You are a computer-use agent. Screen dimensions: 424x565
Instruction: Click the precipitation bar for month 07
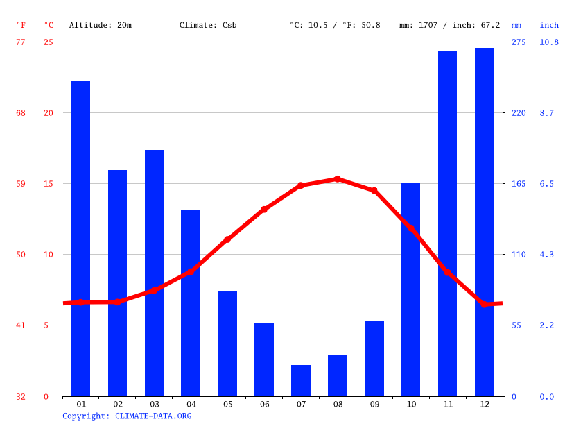[301, 380]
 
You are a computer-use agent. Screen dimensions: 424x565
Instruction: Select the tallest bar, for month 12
[484, 222]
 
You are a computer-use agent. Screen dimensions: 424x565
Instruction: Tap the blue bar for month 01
[81, 239]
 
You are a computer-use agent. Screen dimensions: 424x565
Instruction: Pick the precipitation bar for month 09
[374, 359]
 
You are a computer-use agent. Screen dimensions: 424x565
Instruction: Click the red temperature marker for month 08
[338, 179]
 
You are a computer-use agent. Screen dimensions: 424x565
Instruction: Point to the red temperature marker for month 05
[227, 239]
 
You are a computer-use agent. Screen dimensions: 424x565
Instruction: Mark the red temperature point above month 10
[410, 228]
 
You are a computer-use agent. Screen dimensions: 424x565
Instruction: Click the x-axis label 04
[191, 404]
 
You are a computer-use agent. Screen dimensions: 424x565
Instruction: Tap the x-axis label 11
[447, 404]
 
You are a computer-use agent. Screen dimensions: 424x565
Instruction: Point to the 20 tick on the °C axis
[49, 113]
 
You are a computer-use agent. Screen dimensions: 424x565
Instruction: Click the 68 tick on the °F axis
[21, 113]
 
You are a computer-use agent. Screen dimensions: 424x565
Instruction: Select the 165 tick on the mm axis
[519, 184]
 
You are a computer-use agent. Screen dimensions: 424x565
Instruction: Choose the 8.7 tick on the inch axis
[547, 113]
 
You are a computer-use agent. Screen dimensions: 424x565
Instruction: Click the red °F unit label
[21, 25]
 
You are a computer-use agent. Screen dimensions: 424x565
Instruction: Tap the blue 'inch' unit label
[549, 25]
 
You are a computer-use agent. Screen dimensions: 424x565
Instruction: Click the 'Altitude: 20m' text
[101, 25]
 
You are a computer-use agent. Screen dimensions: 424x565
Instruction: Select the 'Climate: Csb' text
[208, 25]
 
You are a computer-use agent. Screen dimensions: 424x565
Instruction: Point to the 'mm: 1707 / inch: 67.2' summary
[449, 25]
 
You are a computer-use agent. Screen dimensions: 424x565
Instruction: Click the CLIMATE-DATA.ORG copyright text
[127, 416]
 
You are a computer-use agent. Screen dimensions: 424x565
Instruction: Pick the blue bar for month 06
[264, 359]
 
